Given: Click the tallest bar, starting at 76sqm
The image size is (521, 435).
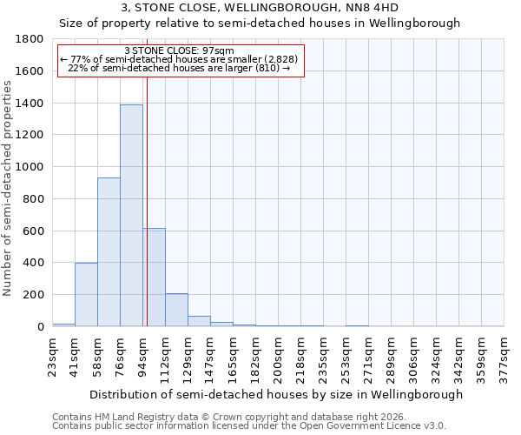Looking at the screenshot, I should tap(131, 215).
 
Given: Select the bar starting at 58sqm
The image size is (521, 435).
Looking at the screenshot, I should tap(109, 252).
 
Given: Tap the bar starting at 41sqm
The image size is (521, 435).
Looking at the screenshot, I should tap(86, 294).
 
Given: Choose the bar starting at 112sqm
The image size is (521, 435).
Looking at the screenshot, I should tap(176, 310).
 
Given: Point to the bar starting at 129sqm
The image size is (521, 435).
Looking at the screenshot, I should tap(199, 321).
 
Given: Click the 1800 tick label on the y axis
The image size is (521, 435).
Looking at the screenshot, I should tap(30, 39).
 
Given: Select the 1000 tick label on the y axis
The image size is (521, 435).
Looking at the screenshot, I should tap(30, 167).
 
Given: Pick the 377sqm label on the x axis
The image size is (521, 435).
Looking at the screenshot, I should tap(505, 358).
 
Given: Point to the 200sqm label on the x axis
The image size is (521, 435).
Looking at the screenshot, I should tap(279, 358).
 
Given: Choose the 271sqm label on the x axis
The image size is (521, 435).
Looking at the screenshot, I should tap(369, 358).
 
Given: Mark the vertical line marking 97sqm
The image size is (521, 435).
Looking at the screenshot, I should tap(147, 217).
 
